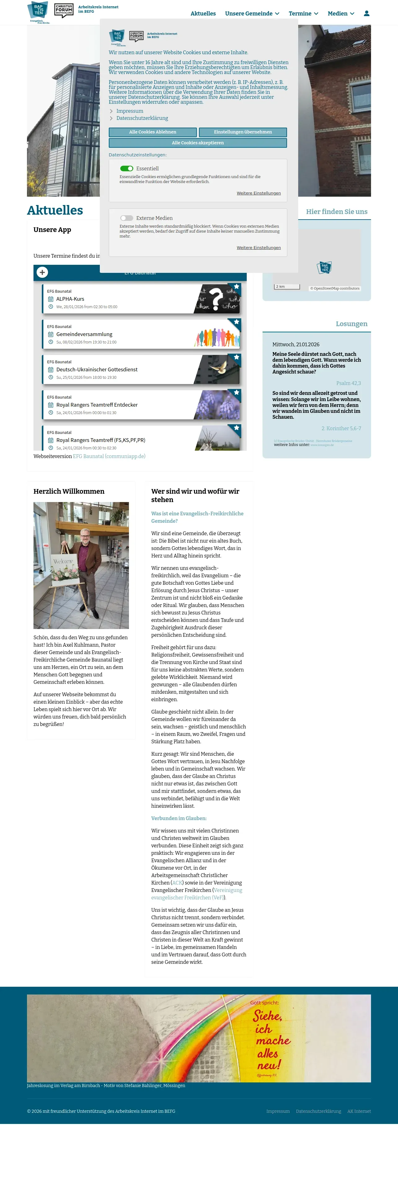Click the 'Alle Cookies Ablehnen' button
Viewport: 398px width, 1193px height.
[153, 132]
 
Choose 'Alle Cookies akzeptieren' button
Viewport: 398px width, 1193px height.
[198, 143]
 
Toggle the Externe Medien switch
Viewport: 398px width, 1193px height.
[126, 218]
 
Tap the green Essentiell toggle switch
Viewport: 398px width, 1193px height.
[126, 168]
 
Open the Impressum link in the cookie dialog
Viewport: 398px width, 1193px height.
[130, 111]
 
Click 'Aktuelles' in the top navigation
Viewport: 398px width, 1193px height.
[203, 13]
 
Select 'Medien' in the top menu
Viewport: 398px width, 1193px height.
[341, 13]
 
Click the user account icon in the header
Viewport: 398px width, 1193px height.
[366, 13]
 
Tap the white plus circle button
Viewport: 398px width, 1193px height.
[42, 272]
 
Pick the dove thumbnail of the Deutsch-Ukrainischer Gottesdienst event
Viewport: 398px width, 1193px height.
[218, 369]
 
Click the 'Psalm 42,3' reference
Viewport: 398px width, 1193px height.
[348, 383]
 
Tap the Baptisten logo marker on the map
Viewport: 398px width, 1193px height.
[324, 267]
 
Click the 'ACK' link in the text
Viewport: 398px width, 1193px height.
[177, 883]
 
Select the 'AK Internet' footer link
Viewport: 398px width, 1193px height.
[359, 1111]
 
